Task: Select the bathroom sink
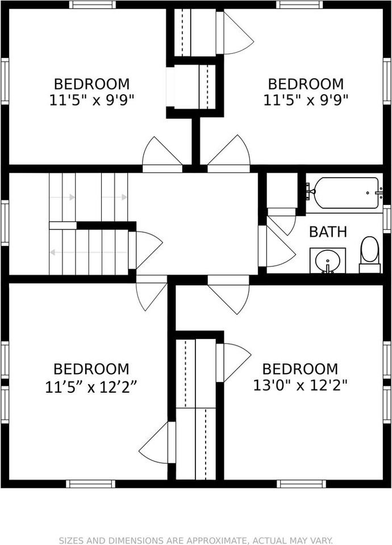328,261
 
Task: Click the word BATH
328,232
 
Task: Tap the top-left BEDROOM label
91,84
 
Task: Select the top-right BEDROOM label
306,84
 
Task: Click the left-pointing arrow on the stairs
53,252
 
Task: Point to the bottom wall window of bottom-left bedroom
91,484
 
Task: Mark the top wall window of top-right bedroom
300,5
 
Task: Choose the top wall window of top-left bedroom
93,5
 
